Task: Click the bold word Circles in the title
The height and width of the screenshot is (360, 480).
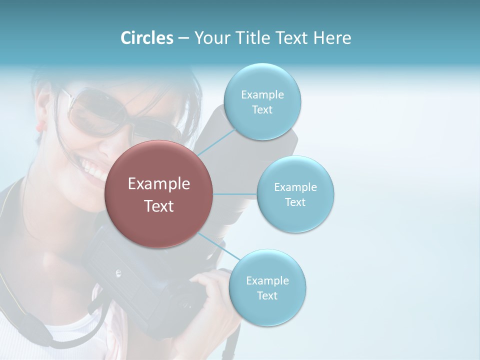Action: (x=147, y=38)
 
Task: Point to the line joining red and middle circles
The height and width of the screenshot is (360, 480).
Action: (x=235, y=194)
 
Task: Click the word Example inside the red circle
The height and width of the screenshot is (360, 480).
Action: (x=159, y=184)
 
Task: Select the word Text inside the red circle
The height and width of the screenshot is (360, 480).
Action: (x=159, y=206)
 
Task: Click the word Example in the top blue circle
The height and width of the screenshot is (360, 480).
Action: (x=262, y=95)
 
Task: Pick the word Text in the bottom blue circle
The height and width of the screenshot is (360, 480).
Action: (x=267, y=295)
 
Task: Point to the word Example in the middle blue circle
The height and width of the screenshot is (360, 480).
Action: (x=295, y=187)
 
